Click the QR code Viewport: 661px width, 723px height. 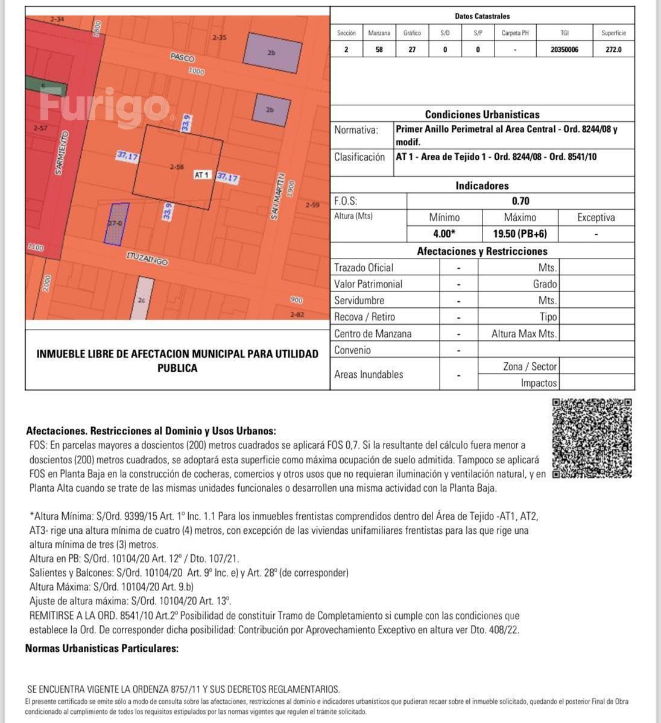(592, 438)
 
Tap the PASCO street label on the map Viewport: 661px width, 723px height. (182, 58)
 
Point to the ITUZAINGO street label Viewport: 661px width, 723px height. (147, 258)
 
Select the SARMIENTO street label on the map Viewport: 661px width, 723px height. (62, 153)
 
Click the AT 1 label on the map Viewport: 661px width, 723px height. (201, 175)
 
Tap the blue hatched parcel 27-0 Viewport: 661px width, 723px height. (118, 224)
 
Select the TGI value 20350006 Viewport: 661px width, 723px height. (564, 49)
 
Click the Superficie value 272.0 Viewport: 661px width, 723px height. (613, 49)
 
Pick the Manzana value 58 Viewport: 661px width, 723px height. (379, 49)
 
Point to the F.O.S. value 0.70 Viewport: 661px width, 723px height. (520, 201)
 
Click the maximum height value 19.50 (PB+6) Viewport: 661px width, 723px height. (520, 234)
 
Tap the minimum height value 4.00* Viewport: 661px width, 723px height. (444, 234)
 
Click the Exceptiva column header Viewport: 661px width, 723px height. (596, 218)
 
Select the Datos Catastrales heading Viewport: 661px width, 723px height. (482, 16)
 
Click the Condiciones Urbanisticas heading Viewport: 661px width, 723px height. (482, 114)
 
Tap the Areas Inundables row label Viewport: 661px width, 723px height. (368, 374)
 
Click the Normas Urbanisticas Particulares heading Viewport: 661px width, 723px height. (102, 648)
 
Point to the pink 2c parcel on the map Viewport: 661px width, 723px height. (142, 299)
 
